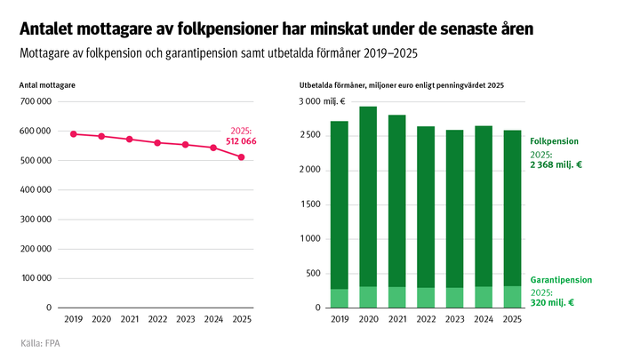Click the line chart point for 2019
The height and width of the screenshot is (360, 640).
pyautogui.click(x=74, y=134)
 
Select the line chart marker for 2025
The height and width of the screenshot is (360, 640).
pyautogui.click(x=242, y=157)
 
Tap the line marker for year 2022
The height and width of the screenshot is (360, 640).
pyautogui.click(x=157, y=142)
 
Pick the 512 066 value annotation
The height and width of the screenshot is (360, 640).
pyautogui.click(x=237, y=141)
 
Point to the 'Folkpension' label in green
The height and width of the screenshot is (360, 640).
pyautogui.click(x=554, y=140)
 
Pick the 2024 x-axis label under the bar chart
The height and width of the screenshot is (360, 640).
pyautogui.click(x=484, y=318)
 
